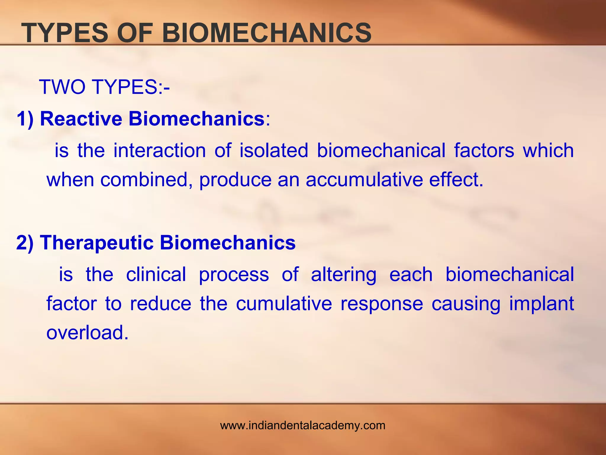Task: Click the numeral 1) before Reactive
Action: [25, 119]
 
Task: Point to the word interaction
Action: [159, 150]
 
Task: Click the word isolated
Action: [274, 150]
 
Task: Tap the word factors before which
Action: [484, 150]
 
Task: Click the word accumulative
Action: [364, 180]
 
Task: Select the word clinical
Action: [156, 274]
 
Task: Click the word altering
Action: [344, 275]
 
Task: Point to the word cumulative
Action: [284, 304]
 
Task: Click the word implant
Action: [541, 304]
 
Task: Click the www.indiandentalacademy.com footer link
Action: [303, 425]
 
